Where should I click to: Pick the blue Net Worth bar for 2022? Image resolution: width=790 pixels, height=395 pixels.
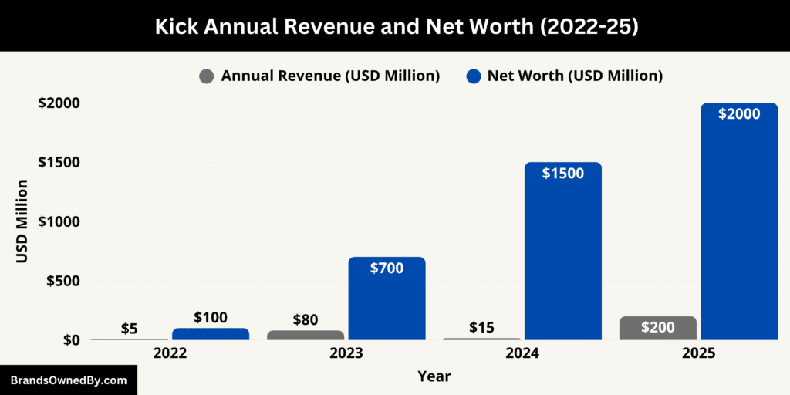[x=211, y=334]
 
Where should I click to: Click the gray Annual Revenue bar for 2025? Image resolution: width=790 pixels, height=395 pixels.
[x=657, y=328]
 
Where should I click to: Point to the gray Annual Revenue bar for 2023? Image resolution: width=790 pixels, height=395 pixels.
[x=306, y=335]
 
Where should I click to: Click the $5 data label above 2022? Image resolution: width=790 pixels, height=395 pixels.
[x=130, y=328]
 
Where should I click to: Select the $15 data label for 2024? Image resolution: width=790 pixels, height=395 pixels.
[x=481, y=327]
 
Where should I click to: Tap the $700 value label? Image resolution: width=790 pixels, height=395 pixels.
[x=387, y=268]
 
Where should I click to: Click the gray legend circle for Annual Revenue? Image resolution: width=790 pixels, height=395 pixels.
[x=207, y=76]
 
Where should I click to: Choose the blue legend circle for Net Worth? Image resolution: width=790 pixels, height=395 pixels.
[x=474, y=76]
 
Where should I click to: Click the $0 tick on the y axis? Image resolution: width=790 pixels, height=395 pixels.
[x=71, y=340]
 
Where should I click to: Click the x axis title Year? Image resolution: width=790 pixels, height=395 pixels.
[x=434, y=376]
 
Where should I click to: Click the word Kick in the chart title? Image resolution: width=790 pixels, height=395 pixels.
[x=174, y=25]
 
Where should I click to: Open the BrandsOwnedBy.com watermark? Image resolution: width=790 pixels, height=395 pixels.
[x=68, y=380]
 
